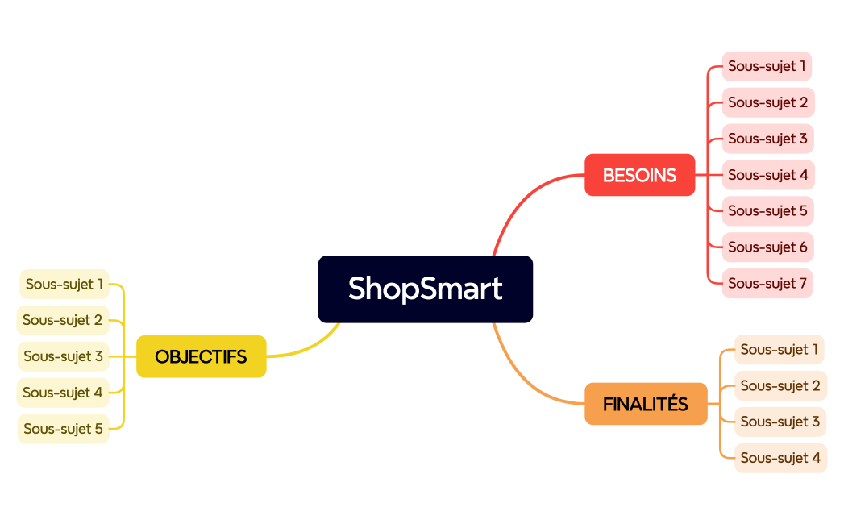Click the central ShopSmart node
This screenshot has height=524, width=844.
click(425, 289)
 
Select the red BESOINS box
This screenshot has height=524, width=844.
click(639, 175)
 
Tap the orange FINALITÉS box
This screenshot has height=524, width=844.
click(645, 404)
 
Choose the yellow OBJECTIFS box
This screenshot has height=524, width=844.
click(201, 356)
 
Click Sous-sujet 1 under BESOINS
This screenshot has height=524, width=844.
click(767, 66)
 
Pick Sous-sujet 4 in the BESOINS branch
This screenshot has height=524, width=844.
click(767, 175)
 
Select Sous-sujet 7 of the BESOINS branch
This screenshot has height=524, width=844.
click(767, 283)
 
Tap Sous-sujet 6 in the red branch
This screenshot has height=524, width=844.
click(767, 247)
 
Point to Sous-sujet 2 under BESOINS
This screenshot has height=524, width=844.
click(767, 102)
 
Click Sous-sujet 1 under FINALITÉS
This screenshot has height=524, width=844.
click(779, 349)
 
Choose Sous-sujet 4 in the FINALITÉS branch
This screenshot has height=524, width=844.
click(780, 458)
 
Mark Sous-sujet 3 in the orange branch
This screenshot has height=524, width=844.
click(780, 422)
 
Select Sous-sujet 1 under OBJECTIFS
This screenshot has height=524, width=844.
click(64, 284)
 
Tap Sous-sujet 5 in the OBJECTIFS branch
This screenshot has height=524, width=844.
click(63, 429)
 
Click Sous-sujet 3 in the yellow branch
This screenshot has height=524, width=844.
click(63, 356)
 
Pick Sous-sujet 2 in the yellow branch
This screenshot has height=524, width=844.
click(62, 320)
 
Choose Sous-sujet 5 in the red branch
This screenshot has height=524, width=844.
click(767, 210)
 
